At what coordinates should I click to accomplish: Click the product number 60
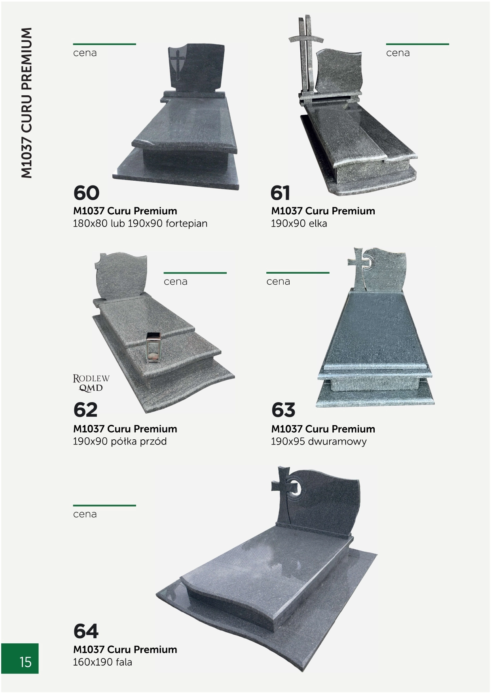(x=86, y=193)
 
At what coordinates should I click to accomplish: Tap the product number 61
(x=281, y=193)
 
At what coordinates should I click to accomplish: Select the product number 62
(x=85, y=410)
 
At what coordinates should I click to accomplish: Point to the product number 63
(x=283, y=410)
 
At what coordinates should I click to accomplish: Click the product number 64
(x=86, y=631)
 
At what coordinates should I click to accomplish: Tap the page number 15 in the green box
(x=25, y=662)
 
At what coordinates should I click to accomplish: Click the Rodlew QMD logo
(x=91, y=383)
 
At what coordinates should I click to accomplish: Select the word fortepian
(x=186, y=224)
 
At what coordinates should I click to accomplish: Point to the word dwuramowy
(x=339, y=441)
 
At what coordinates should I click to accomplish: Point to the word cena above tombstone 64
(x=85, y=514)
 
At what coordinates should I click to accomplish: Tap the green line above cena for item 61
(x=417, y=44)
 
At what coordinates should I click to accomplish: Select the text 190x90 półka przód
(x=120, y=441)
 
